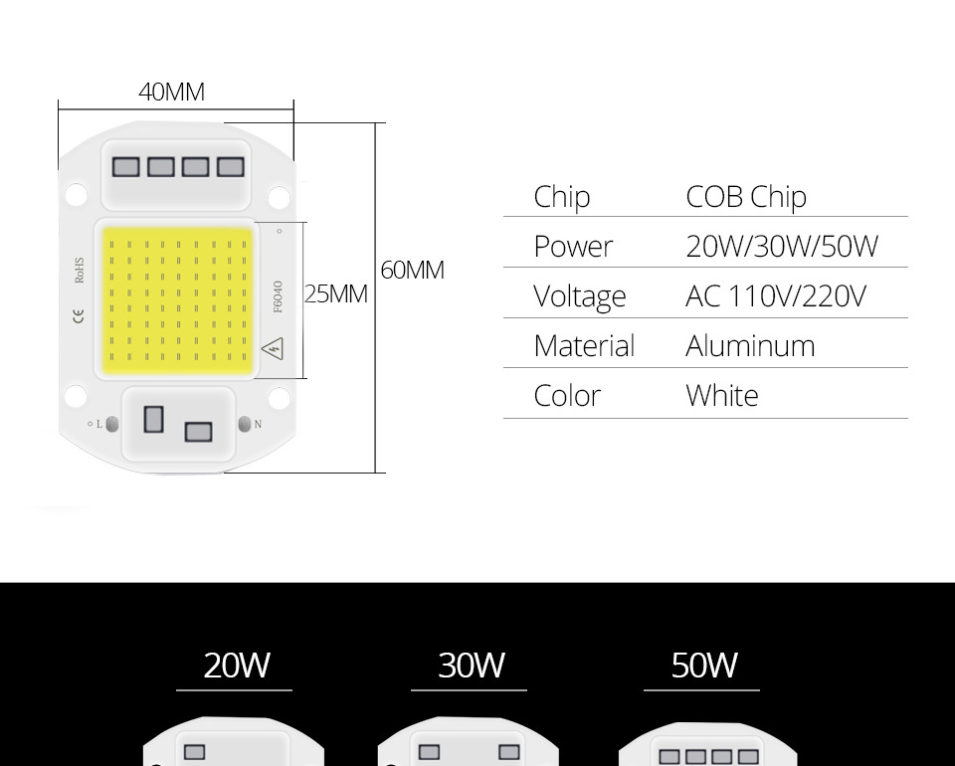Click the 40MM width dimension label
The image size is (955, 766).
point(172,93)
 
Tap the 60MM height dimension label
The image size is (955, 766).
point(412,271)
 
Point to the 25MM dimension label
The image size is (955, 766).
point(336,294)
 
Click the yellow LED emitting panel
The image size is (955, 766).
point(178,299)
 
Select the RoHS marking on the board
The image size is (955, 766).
point(80,271)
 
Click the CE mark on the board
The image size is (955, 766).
point(80,316)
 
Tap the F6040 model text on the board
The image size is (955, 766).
point(278,295)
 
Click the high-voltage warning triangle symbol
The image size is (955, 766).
point(273,348)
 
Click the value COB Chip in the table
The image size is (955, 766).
point(745,197)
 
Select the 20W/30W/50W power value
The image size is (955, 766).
point(782,247)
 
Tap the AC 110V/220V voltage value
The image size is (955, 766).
point(775,296)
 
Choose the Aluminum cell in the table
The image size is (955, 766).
point(750,346)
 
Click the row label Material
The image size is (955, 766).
point(584,346)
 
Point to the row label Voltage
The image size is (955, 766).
point(580,296)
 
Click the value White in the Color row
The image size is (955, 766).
point(722,396)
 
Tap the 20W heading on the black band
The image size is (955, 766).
point(236,665)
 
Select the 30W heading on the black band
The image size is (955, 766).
point(471,665)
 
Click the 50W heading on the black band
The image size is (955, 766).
point(704,665)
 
